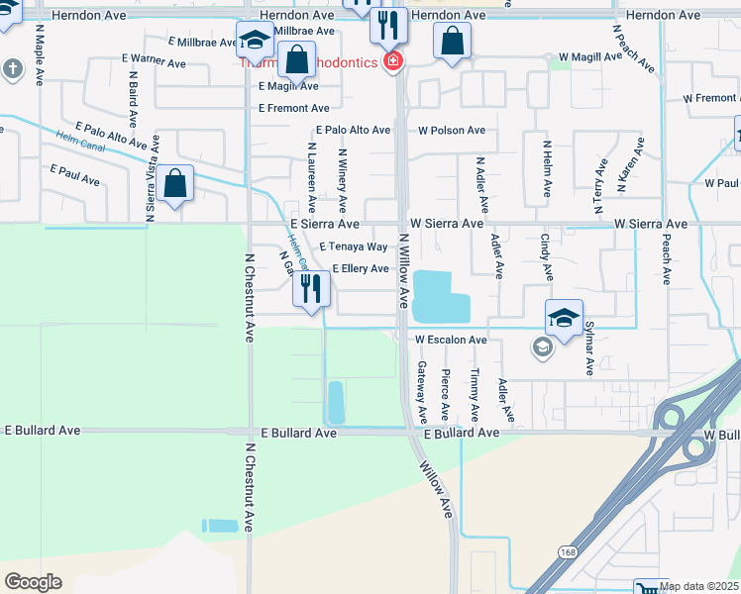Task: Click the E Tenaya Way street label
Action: (x=353, y=247)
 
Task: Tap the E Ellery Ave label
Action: (x=360, y=268)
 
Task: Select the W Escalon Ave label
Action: (x=451, y=340)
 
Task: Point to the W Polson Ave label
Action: (x=451, y=131)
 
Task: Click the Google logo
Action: (x=33, y=582)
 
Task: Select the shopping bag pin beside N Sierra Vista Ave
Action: (x=175, y=184)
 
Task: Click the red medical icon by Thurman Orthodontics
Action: (x=394, y=62)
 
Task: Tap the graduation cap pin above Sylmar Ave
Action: (x=564, y=318)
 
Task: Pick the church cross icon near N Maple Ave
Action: (x=11, y=69)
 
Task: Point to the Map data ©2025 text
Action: (x=698, y=586)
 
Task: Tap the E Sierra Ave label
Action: (x=324, y=225)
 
